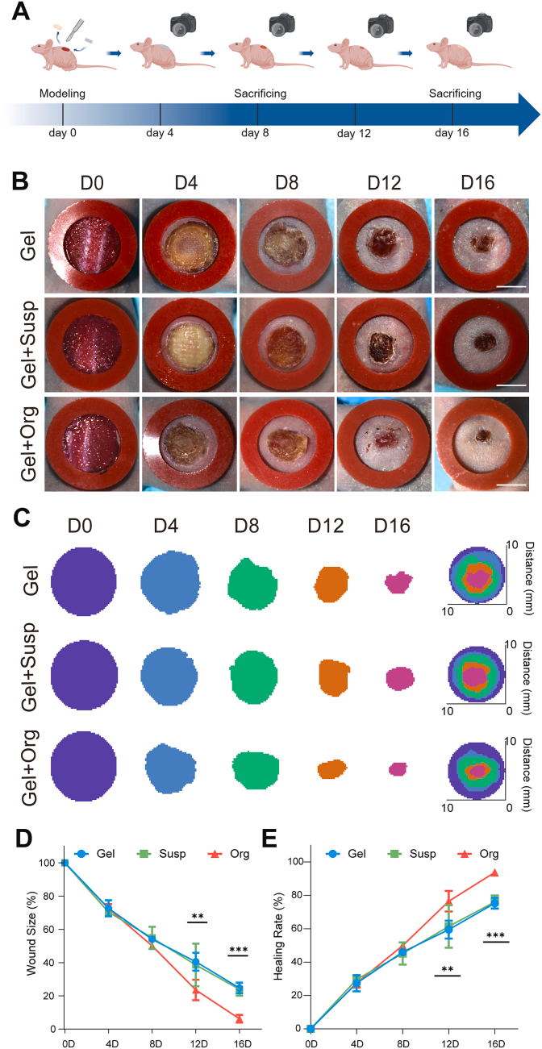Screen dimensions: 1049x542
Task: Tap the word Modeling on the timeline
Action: (x=62, y=94)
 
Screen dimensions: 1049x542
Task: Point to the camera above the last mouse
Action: (x=481, y=23)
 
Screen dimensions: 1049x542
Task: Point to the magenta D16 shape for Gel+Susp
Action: (x=398, y=678)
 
